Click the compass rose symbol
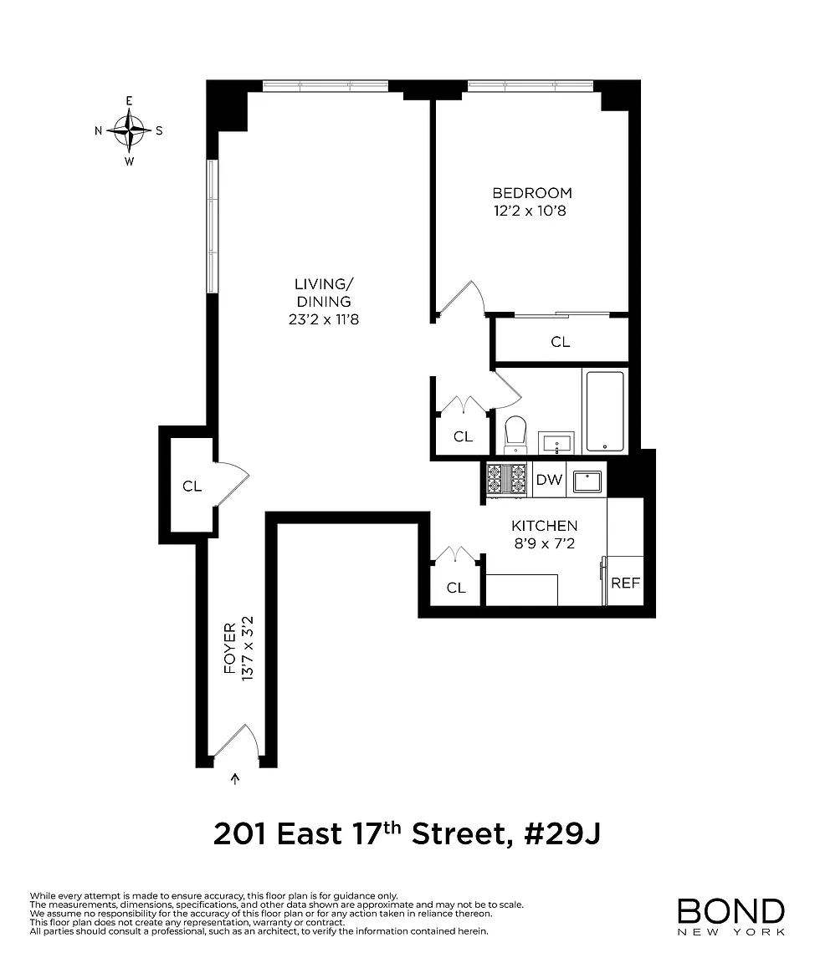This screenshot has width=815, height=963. coord(129,130)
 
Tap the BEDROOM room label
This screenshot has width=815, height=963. coord(532,193)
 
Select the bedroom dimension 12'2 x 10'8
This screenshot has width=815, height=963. coord(530,211)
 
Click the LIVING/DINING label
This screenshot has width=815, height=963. coord(324,293)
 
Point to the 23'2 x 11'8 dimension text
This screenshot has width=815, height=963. coord(324,319)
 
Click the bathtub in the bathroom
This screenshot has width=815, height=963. coord(605,411)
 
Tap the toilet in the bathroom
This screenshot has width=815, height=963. coord(515,434)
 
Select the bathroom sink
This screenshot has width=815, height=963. coord(556,443)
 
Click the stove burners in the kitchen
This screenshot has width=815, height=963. coord(507,479)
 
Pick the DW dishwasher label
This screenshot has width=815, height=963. coord(549,480)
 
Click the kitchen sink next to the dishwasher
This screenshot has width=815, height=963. coord(587,481)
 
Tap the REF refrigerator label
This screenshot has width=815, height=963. coord(626,583)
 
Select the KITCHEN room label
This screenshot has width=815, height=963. coord(545,526)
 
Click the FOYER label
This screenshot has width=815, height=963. coord(230,648)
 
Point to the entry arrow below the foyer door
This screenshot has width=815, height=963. coord(235,779)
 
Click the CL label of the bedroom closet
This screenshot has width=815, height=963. coord(561,342)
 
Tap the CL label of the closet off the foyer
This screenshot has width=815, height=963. coord(192,487)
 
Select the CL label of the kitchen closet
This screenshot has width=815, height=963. coord(456,588)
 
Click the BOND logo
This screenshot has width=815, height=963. coord(730,916)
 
